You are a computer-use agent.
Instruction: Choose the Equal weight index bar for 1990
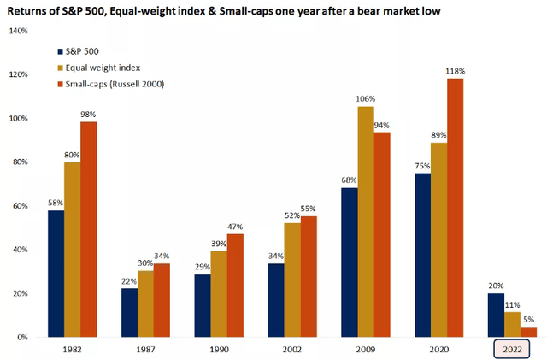(x=218, y=294)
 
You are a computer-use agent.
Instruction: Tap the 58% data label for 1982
(x=56, y=204)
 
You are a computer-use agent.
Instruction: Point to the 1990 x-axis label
(x=219, y=351)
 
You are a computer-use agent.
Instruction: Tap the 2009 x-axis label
(x=367, y=351)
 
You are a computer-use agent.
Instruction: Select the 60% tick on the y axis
(x=20, y=206)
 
